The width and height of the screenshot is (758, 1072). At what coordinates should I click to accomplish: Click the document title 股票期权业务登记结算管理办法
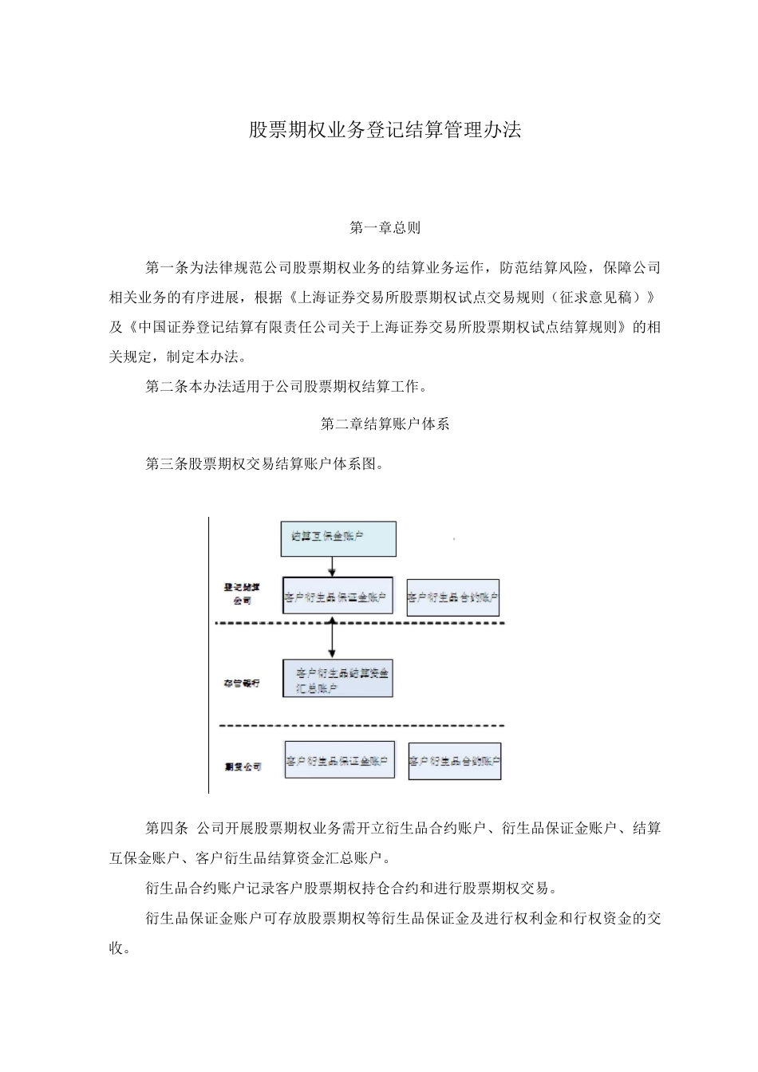385,131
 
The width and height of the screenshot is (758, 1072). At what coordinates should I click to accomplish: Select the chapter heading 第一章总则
385,228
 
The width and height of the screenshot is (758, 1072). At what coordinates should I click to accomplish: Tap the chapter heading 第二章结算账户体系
385,424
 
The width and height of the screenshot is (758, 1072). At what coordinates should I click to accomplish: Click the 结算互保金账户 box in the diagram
338,538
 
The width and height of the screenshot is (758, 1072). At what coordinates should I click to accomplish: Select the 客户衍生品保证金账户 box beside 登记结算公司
338,596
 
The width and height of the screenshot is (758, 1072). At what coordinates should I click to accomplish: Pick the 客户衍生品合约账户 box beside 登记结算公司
452,597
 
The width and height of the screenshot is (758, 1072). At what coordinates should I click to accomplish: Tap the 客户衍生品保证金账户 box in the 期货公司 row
339,760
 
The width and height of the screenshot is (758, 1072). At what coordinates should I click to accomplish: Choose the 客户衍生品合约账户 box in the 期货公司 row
455,762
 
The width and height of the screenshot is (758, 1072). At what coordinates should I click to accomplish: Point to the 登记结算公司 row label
243,594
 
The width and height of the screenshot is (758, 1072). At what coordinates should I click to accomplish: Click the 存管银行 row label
242,684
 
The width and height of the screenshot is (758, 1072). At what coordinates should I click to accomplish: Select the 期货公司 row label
243,767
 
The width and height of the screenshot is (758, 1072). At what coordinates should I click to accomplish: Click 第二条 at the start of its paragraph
164,387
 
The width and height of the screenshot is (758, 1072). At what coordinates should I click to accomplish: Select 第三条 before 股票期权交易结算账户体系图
164,463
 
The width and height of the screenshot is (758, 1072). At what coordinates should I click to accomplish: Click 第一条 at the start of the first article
164,267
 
